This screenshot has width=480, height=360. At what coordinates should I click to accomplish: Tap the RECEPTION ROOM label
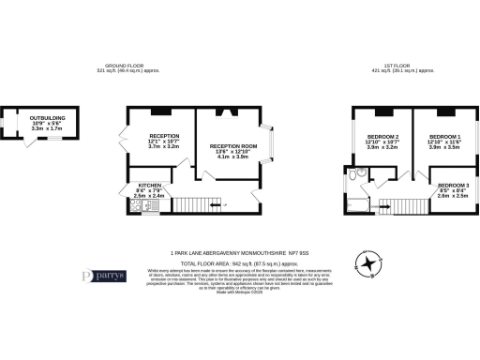click(x=232, y=146)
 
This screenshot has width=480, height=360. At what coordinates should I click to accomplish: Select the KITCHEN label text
click(x=151, y=186)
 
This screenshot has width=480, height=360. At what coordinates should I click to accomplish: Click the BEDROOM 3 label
click(x=454, y=186)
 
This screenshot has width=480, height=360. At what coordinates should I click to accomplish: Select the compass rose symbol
click(x=369, y=264)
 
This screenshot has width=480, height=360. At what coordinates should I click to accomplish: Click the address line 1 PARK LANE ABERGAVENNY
click(x=240, y=252)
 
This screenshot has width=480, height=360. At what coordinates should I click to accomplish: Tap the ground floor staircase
click(x=198, y=204)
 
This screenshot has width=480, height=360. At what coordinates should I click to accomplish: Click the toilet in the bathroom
click(x=360, y=174)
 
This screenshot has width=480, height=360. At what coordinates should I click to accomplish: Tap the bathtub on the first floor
click(x=360, y=204)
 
